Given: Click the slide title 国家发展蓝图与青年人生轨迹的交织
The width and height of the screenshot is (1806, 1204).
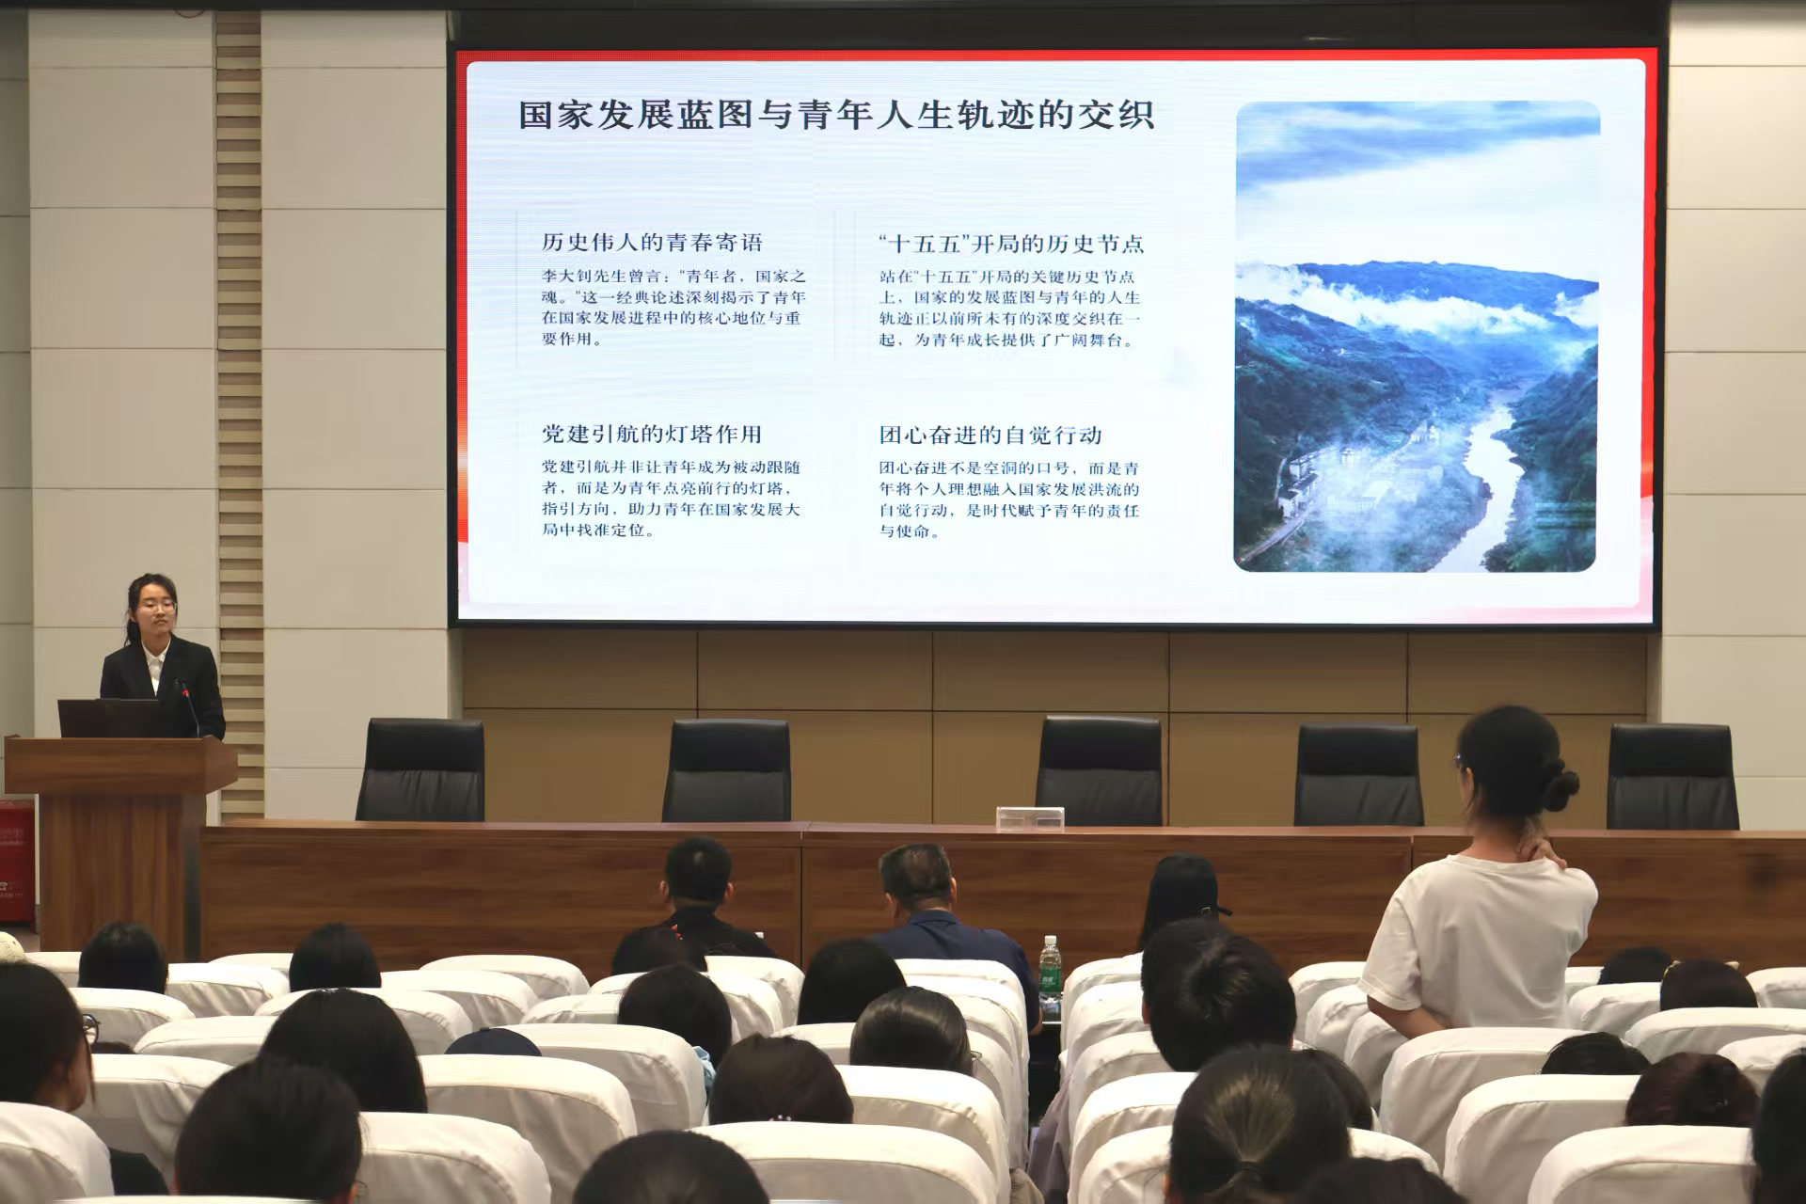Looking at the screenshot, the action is coord(836,116).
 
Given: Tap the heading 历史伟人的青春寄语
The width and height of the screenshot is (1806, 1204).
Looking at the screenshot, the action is coord(652,243).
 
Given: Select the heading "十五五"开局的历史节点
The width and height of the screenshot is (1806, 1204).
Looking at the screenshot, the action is coord(1011,244).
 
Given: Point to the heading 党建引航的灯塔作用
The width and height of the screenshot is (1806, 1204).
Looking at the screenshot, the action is coord(652,434).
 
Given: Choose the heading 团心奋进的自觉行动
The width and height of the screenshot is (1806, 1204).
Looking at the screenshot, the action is coord(990,435).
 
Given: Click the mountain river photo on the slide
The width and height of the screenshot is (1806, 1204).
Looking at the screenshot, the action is coord(1417,336).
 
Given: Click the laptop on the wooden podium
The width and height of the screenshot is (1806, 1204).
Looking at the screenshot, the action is coord(108,718).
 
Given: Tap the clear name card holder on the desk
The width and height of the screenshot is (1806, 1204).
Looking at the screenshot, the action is coord(1030,818).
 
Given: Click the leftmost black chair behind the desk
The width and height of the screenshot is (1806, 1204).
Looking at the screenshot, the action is coord(420,770).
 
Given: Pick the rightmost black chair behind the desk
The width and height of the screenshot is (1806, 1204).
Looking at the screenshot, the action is coord(1671,776).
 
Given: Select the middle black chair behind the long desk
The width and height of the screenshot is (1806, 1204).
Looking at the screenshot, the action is coord(1099,771).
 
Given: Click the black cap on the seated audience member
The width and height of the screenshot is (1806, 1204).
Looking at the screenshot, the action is coord(1186,887).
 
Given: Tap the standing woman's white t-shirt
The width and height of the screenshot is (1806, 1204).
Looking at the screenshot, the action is coord(1481,941).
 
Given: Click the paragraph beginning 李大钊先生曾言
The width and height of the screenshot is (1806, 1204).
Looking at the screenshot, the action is coord(673,308).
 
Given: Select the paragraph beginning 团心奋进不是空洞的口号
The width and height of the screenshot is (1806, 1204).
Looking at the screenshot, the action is coord(1009,499).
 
